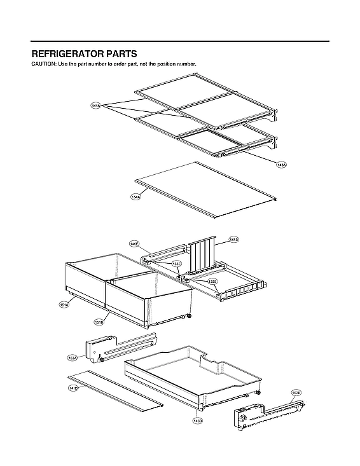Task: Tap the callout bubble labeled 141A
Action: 95,106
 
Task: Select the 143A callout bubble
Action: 281,165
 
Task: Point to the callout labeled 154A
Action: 135,197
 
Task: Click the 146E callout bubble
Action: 134,243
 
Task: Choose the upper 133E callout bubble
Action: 176,264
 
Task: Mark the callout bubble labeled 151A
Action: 64,305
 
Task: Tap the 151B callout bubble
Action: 99,322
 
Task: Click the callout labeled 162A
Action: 73,359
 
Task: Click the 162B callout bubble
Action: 296,392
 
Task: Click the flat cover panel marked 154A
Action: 204,188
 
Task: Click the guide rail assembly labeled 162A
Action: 121,347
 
